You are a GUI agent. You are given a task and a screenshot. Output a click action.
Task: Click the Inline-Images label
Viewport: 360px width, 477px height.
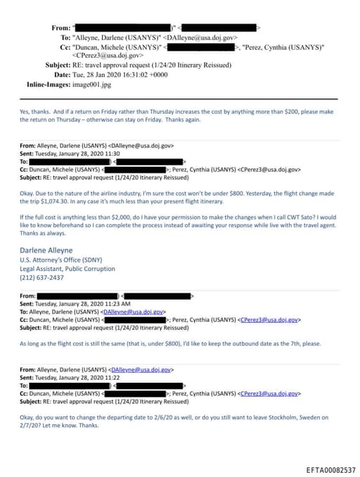44,84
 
